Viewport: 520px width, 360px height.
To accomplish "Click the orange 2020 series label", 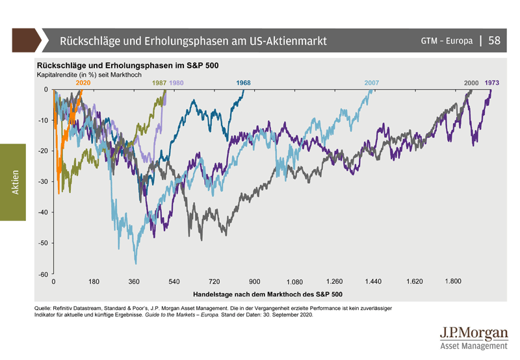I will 83,83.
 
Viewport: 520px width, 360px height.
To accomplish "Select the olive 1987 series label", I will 159,83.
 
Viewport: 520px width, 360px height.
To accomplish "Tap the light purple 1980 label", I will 176,83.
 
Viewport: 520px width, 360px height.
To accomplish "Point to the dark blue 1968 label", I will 244,83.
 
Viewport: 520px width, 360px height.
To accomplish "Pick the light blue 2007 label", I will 372,83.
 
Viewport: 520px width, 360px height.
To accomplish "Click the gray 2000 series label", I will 471,83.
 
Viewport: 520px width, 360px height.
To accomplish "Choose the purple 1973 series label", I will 492,83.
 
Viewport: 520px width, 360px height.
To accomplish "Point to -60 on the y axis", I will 42,274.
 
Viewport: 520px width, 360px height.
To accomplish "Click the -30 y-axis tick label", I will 42,181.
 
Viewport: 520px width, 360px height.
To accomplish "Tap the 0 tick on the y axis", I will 45,89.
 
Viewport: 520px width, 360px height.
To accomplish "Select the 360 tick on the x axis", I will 134,282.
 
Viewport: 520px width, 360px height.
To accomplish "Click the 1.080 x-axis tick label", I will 294,283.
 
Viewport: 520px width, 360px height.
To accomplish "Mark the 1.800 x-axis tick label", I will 453,282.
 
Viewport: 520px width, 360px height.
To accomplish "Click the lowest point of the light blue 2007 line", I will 136,264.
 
